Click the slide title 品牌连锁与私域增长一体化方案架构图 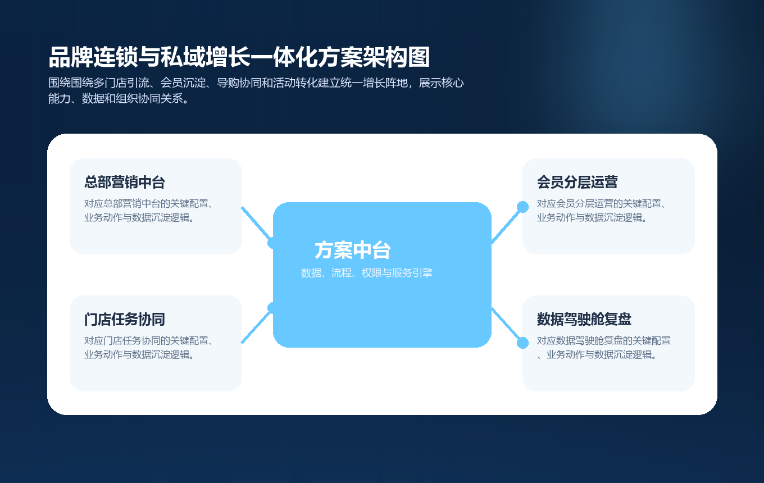point(239,58)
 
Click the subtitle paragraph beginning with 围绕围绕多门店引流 point(256,91)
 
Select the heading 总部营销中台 point(125,183)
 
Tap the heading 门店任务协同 point(125,320)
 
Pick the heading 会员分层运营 point(577,183)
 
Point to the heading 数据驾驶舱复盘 point(584,320)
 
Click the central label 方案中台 point(353,250)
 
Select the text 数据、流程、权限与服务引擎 point(367,274)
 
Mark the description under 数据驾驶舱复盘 point(604,348)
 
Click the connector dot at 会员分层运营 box point(522,207)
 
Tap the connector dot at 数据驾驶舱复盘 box point(522,343)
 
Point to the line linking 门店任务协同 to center point(256,326)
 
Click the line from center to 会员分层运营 point(507,225)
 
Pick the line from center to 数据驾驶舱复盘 point(507,325)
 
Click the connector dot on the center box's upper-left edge point(272,243)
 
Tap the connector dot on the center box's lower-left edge point(272,308)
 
